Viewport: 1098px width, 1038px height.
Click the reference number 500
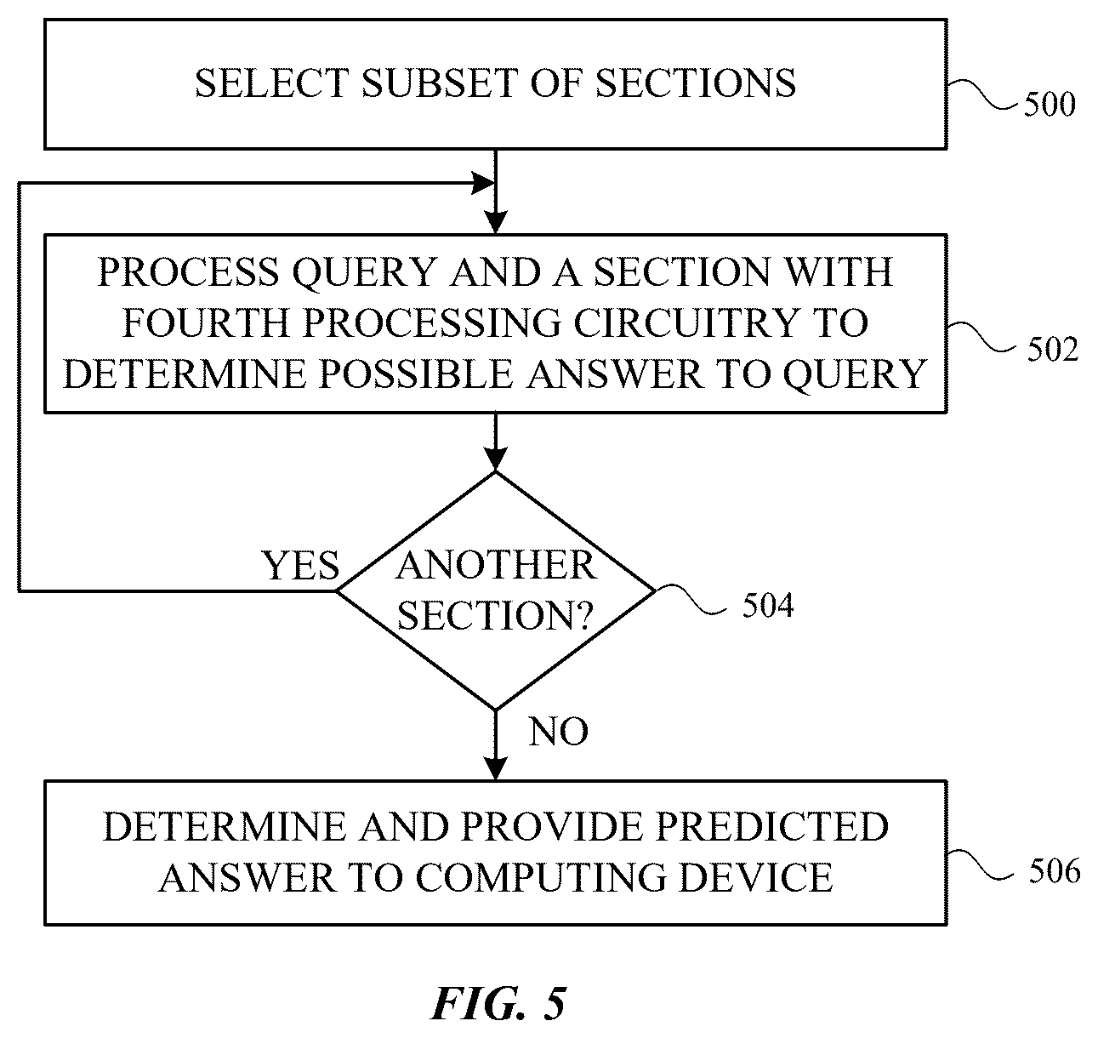tap(1050, 104)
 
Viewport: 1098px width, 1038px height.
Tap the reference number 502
tap(1053, 350)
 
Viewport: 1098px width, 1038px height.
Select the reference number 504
tap(767, 605)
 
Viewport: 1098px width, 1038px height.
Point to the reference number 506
tap(1055, 871)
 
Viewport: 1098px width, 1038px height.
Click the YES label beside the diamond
tap(300, 565)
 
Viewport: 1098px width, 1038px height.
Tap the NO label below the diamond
tap(558, 732)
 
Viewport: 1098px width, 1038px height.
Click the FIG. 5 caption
tap(498, 1004)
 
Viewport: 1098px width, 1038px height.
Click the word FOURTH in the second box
tap(206, 322)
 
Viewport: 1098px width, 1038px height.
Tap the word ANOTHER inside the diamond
tap(496, 565)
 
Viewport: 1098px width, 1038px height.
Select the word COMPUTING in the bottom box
tap(541, 877)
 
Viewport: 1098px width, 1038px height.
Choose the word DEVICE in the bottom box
tap(756, 877)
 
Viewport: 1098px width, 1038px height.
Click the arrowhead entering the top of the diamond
tap(495, 459)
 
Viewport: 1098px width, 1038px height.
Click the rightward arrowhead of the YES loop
tap(482, 183)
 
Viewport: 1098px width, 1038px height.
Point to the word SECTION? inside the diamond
tap(495, 615)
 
